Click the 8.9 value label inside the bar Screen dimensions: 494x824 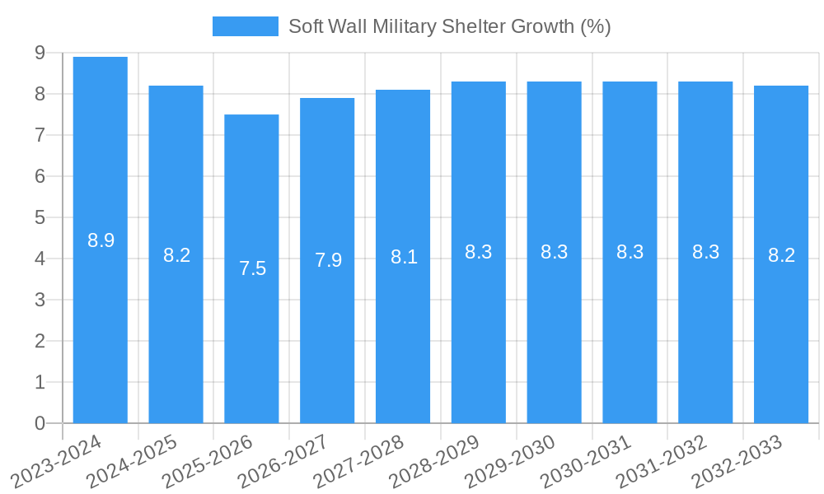pyautogui.click(x=101, y=240)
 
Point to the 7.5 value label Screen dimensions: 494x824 pyautogui.click(x=252, y=268)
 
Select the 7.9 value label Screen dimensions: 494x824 pyautogui.click(x=328, y=260)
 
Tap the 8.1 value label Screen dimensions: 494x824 pyautogui.click(x=404, y=257)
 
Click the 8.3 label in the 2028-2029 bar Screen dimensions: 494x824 pyautogui.click(x=479, y=252)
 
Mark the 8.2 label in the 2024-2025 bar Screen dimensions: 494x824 pyautogui.click(x=176, y=255)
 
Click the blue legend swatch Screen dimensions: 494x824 pyautogui.click(x=245, y=26)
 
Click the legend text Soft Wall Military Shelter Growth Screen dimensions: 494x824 pyautogui.click(x=449, y=26)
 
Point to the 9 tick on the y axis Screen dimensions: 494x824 pyautogui.click(x=40, y=53)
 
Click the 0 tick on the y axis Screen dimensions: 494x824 pyautogui.click(x=40, y=423)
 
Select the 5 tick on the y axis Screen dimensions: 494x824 pyautogui.click(x=40, y=217)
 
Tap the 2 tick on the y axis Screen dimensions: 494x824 pyautogui.click(x=40, y=341)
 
